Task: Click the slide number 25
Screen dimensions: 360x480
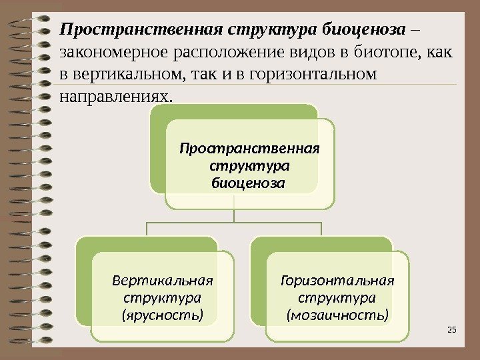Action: pyautogui.click(x=451, y=330)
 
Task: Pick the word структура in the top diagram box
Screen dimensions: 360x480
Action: pyautogui.click(x=250, y=164)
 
